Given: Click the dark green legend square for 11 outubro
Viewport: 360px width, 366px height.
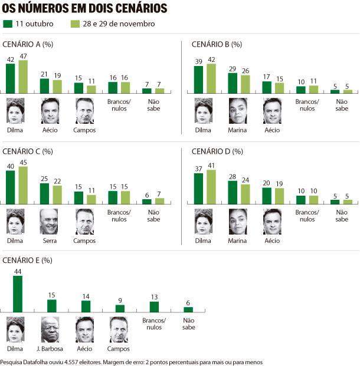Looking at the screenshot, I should pos(8,24).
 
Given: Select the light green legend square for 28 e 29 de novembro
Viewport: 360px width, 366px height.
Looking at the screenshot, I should pos(74,24).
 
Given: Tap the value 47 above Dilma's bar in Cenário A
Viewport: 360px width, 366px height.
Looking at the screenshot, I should pos(23,55).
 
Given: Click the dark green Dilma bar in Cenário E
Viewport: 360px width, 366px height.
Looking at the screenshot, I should pos(17,294).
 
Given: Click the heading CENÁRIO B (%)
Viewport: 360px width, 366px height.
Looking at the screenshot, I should pos(217,44).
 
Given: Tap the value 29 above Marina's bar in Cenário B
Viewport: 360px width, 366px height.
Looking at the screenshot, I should pos(233,69).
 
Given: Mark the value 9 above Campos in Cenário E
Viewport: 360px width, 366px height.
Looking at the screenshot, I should pos(120,301).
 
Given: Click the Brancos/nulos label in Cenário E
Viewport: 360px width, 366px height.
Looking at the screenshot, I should pos(154,323).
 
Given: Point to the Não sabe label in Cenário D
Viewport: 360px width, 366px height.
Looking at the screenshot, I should pos(342,216).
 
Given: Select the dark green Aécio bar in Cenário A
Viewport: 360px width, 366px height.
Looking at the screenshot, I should pos(45,85).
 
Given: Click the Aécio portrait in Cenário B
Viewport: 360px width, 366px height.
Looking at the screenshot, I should pos(271,110).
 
